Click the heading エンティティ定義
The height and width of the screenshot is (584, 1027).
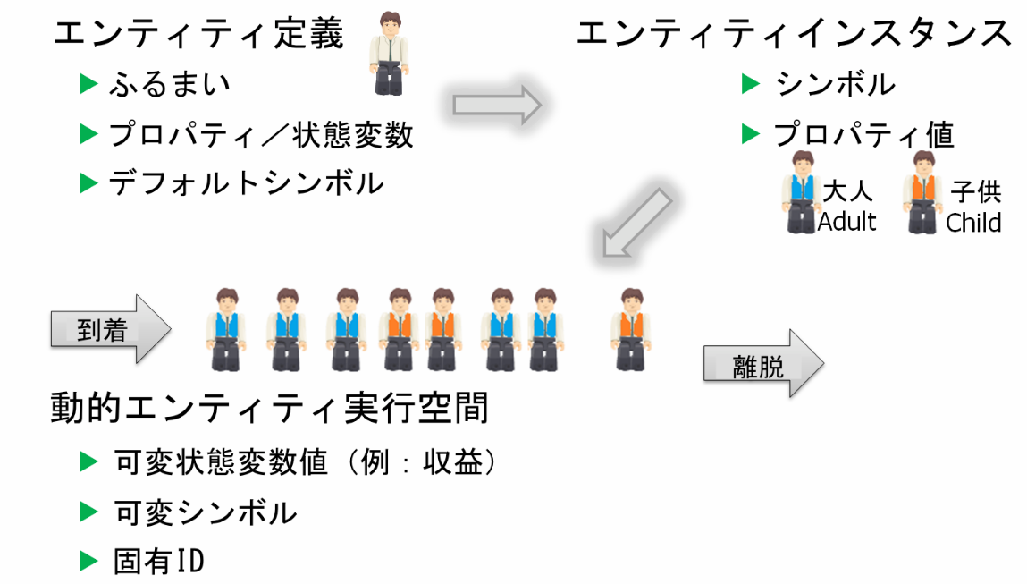coord(198,34)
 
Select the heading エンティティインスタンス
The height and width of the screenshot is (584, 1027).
coord(794,34)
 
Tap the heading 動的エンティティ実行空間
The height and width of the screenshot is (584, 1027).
coord(269,409)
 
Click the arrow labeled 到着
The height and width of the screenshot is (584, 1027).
coord(111,329)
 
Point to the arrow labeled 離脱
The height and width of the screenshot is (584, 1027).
coord(763,364)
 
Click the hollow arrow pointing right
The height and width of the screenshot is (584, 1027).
coord(497,105)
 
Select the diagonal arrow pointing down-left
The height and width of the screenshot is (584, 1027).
coord(636,223)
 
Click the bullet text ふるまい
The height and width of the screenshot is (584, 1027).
coord(170,85)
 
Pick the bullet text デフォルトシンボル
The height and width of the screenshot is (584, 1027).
coord(247,182)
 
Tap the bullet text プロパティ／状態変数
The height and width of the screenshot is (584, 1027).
coord(261,134)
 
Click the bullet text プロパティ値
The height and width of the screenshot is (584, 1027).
coord(864,134)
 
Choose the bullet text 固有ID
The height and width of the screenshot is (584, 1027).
coord(159,562)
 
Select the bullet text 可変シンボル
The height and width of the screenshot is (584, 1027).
coord(206,512)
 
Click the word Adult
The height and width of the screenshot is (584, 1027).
coord(846,222)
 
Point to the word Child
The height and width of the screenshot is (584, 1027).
coord(973,222)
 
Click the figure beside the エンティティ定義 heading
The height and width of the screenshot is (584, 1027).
coord(389,54)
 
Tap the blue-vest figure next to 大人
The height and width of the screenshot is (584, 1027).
coord(802,192)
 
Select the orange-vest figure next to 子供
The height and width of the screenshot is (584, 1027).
coord(922,192)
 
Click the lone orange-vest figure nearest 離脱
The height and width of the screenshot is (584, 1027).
coord(631,330)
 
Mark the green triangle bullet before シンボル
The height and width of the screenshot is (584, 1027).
coord(751,84)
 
